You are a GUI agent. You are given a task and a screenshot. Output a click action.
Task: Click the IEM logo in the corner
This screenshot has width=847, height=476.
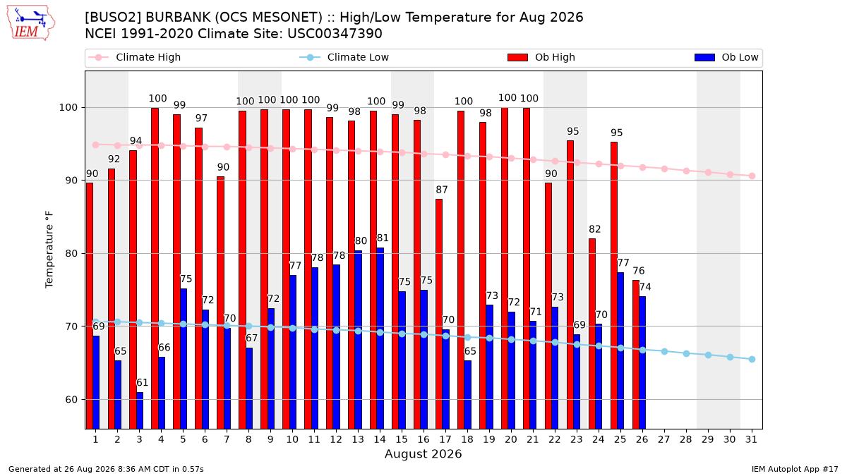point(31,23)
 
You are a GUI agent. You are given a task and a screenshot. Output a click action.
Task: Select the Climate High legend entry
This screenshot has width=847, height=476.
point(134,57)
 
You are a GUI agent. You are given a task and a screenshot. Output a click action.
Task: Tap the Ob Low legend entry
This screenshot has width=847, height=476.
point(726,57)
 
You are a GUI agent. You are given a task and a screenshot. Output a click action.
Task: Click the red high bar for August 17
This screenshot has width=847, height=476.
point(439,314)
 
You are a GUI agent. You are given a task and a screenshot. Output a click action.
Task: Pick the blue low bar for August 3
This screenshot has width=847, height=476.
point(140,410)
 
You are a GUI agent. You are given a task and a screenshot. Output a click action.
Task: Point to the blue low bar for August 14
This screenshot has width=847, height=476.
point(380,338)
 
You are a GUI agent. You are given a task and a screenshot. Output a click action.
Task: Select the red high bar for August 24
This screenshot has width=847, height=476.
point(592,334)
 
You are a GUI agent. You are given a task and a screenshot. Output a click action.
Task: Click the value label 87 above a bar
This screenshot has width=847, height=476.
point(442,190)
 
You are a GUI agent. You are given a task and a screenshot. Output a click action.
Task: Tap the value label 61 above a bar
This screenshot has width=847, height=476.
point(142,383)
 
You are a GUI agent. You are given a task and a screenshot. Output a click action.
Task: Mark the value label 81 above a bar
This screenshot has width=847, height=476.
point(383,238)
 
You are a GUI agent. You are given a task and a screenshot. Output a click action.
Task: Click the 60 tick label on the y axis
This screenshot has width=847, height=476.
point(71,400)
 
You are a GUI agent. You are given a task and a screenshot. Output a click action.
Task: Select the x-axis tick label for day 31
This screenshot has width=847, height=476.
point(751,440)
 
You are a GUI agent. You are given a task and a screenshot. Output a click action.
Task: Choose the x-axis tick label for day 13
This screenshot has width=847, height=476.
point(358,440)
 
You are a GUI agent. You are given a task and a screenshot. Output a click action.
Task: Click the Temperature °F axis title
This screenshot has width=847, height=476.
point(49,250)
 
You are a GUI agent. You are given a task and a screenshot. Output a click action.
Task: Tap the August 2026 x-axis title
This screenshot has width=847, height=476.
point(423,453)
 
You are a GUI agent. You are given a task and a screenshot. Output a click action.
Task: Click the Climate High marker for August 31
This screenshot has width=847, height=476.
point(752,176)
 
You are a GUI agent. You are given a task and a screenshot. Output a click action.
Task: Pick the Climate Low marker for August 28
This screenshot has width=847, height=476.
point(686,353)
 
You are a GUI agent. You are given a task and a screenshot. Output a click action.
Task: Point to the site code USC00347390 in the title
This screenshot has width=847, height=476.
point(335,34)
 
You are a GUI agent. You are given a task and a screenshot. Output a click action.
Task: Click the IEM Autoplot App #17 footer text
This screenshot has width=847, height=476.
point(795,469)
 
